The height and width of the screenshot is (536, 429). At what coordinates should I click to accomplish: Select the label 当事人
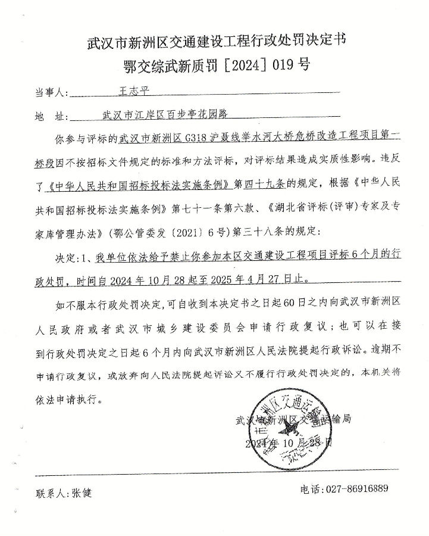pyautogui.click(x=51, y=93)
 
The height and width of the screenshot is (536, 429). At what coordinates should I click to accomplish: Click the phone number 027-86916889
pyautogui.click(x=357, y=489)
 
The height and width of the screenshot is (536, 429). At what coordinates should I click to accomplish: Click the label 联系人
pyautogui.click(x=53, y=493)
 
